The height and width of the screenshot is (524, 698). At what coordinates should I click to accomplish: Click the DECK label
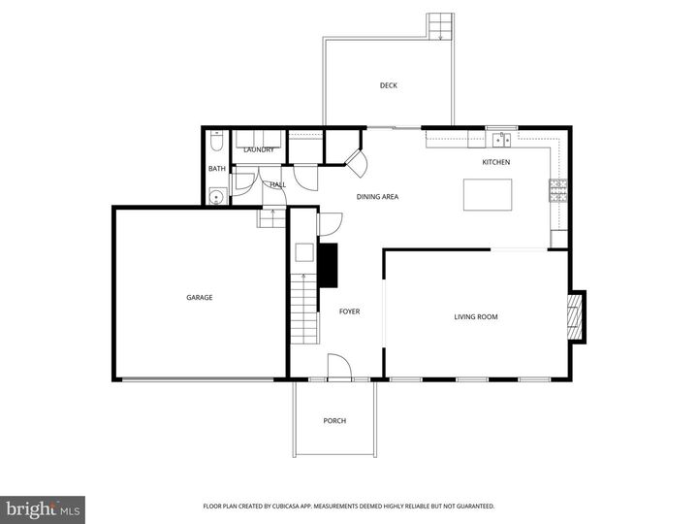[388, 85]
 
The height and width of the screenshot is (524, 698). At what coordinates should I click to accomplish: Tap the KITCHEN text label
[495, 162]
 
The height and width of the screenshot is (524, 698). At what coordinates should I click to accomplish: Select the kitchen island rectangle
[487, 195]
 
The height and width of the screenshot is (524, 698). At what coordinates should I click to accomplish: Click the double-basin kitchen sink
[500, 138]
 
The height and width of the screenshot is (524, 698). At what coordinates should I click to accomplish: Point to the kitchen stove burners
[558, 190]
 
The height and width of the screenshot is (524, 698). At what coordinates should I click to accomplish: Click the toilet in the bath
[216, 143]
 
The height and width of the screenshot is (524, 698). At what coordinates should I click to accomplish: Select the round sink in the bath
[215, 197]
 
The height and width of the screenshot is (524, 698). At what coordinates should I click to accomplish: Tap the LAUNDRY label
[259, 149]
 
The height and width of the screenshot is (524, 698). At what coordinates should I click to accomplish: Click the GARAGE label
[200, 297]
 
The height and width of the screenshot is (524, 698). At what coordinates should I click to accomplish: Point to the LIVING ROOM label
[476, 316]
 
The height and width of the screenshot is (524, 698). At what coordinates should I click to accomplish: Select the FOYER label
[349, 311]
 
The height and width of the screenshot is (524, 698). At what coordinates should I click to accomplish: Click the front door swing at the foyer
[337, 367]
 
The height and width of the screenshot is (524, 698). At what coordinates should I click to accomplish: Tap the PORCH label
[334, 420]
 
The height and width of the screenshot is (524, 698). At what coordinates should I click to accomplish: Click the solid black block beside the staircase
[329, 265]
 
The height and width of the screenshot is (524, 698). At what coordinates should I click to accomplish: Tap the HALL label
[278, 183]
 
